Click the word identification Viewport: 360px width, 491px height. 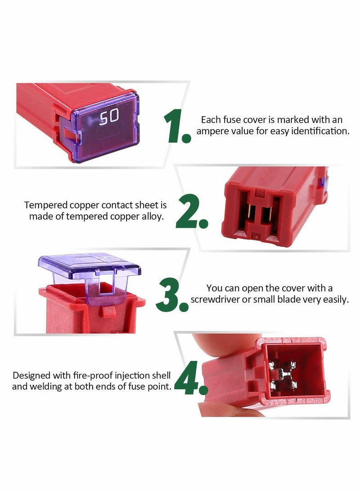click(x=319, y=131)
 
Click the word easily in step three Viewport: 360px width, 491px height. click(x=335, y=300)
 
